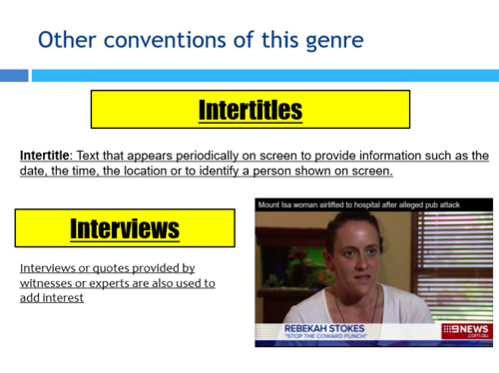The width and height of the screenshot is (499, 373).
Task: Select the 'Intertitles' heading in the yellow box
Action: [249, 109]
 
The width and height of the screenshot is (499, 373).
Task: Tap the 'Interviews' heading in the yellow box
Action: [124, 228]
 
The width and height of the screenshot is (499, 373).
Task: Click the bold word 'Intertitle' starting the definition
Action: [46, 157]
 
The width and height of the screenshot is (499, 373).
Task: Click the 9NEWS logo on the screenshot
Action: [466, 330]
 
